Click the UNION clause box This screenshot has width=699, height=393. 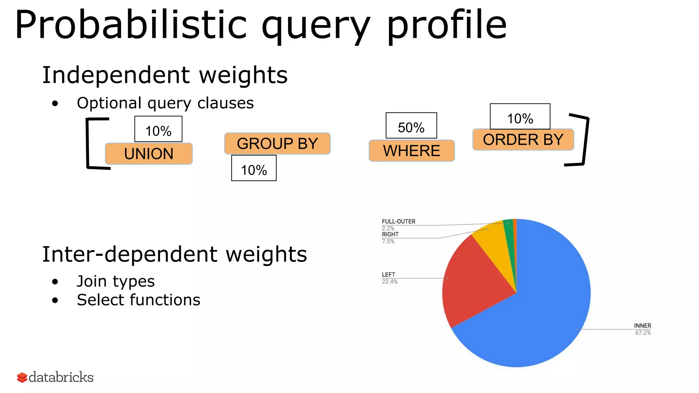click(149, 154)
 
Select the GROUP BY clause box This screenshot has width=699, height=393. click(277, 144)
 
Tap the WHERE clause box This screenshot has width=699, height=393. click(412, 151)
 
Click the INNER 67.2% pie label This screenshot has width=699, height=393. click(643, 329)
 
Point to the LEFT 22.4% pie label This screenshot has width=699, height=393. click(389, 278)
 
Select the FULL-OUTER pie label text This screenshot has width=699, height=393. click(398, 222)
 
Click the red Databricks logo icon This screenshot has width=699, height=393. click(22, 377)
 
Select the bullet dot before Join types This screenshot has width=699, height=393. click(55, 282)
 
